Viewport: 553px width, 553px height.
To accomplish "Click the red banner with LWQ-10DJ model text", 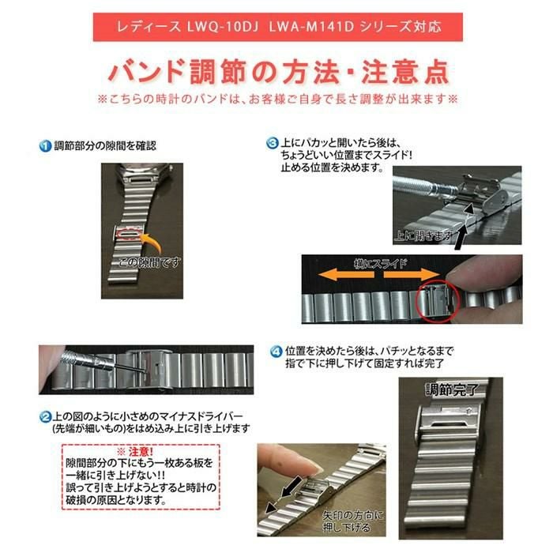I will coord(276,25).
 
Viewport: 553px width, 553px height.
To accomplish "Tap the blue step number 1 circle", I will coord(46,145).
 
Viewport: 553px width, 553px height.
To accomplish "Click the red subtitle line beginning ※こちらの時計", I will coord(277,100).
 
